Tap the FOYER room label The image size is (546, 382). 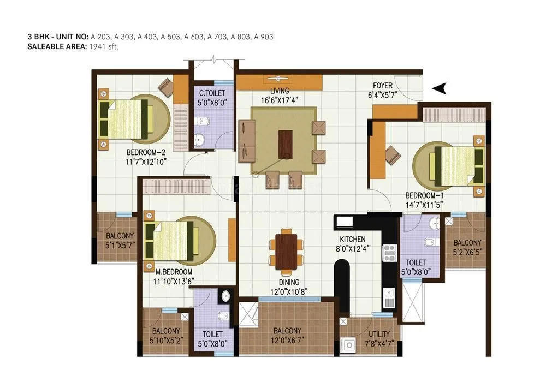383,86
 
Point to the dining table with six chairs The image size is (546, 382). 286,250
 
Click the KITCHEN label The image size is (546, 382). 352,240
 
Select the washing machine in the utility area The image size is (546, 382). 348,345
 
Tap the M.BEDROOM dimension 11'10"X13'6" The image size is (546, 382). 173,281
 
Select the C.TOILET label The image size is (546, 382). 212,93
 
